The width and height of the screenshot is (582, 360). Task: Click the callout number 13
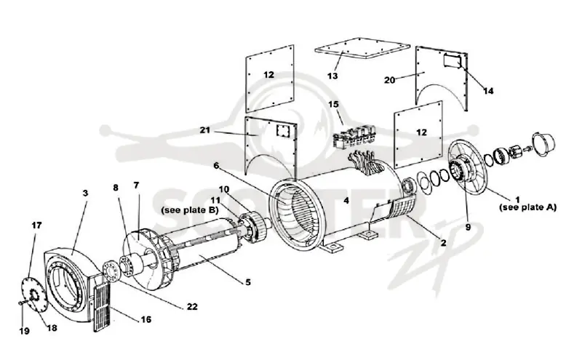(332, 76)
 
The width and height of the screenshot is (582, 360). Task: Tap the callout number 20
(389, 80)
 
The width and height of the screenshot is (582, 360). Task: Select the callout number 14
(488, 91)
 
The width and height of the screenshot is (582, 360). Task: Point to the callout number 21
(205, 130)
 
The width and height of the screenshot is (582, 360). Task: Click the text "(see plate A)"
(528, 207)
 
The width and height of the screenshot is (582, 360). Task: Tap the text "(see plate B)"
(189, 210)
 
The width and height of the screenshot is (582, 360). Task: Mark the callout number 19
(25, 331)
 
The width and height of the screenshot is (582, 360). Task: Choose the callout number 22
(192, 307)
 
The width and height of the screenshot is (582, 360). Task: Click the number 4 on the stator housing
(346, 201)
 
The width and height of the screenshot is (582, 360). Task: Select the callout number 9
(468, 227)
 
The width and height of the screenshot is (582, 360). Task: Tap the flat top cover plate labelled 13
(362, 48)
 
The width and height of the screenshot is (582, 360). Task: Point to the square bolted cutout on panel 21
(282, 131)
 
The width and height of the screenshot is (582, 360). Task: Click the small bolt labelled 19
(23, 303)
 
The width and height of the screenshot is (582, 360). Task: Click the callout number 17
(36, 225)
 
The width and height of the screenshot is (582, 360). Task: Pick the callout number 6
(216, 166)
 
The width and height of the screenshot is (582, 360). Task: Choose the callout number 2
(443, 243)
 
